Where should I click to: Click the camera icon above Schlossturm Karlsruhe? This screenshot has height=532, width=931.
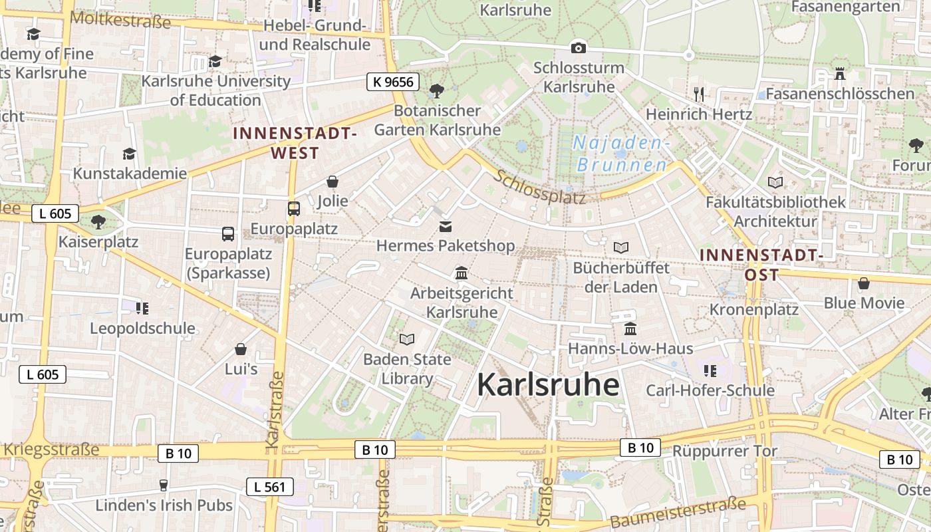pyautogui.click(x=579, y=48)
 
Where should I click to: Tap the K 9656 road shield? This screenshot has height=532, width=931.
pyautogui.click(x=393, y=82)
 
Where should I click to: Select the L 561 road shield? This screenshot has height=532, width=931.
pyautogui.click(x=269, y=487)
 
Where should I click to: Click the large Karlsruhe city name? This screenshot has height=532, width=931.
pyautogui.click(x=548, y=385)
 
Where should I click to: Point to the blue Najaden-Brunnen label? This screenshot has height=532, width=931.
pyautogui.click(x=621, y=154)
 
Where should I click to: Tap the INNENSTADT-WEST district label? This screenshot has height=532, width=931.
pyautogui.click(x=295, y=143)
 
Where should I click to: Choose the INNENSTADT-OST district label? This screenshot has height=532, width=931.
pyautogui.click(x=761, y=265)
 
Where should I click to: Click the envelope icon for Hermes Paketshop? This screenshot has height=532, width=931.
pyautogui.click(x=445, y=227)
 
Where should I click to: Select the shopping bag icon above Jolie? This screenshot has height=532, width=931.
pyautogui.click(x=332, y=182)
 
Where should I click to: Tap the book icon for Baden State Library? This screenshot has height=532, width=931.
pyautogui.click(x=407, y=339)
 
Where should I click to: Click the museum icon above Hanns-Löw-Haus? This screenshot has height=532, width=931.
pyautogui.click(x=630, y=329)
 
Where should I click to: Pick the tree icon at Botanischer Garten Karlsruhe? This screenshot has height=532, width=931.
pyautogui.click(x=437, y=90)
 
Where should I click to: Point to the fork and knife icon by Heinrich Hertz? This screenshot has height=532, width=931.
pyautogui.click(x=698, y=93)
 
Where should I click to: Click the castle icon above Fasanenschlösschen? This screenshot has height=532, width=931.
pyautogui.click(x=839, y=73)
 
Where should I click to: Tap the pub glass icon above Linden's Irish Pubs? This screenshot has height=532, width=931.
pyautogui.click(x=164, y=485)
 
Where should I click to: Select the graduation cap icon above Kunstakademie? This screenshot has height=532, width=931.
pyautogui.click(x=129, y=154)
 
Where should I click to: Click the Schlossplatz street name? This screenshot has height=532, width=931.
pyautogui.click(x=540, y=188)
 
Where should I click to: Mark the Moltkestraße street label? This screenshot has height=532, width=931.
pyautogui.click(x=120, y=19)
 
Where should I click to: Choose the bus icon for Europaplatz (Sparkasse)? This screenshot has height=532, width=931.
pyautogui.click(x=227, y=233)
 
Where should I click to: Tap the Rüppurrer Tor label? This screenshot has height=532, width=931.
pyautogui.click(x=724, y=451)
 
